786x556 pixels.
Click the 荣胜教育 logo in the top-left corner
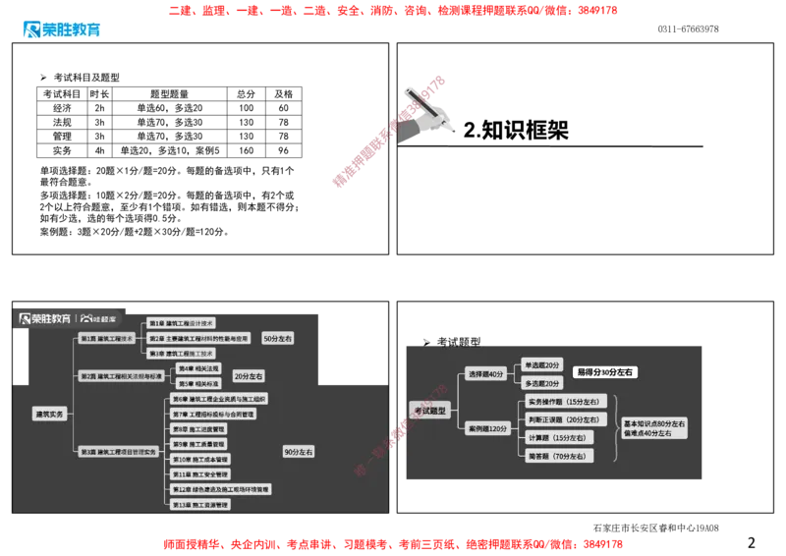[x=60, y=28]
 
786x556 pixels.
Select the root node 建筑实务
[x=49, y=415]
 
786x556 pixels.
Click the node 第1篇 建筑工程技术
[x=107, y=338]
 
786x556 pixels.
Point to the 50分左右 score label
[x=278, y=338]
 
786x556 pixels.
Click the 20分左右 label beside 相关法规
[x=248, y=376]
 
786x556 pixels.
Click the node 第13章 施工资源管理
[x=200, y=505]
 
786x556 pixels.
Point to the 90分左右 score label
[x=298, y=452]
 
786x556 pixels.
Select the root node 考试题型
[x=429, y=411]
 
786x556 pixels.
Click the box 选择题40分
[x=485, y=374]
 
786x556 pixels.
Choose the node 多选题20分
[x=542, y=384]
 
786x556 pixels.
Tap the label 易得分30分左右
[x=605, y=372]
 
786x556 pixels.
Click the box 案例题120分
[x=487, y=429]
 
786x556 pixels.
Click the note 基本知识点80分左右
[x=654, y=422]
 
